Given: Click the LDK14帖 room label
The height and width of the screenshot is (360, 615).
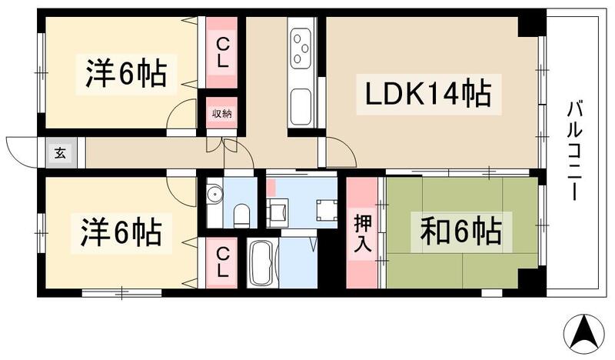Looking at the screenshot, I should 423,95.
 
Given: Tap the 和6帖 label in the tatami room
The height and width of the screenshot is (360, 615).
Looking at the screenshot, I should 460,232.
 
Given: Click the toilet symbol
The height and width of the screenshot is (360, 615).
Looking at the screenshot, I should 241,213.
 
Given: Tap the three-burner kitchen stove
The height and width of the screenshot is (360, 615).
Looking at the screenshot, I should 301,48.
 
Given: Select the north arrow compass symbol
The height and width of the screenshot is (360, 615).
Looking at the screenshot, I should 583,332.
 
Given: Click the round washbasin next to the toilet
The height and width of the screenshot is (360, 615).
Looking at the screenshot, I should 214,194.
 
